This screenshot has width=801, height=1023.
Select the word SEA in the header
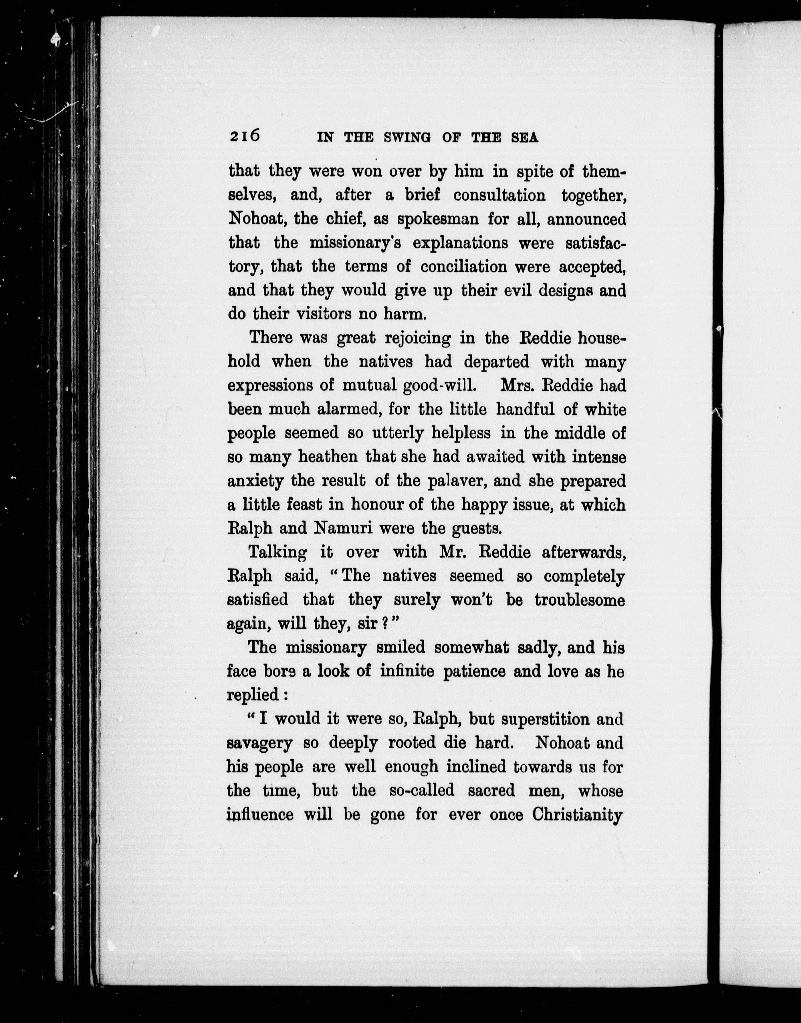click(x=524, y=137)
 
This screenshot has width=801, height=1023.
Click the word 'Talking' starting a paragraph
click(x=277, y=552)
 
